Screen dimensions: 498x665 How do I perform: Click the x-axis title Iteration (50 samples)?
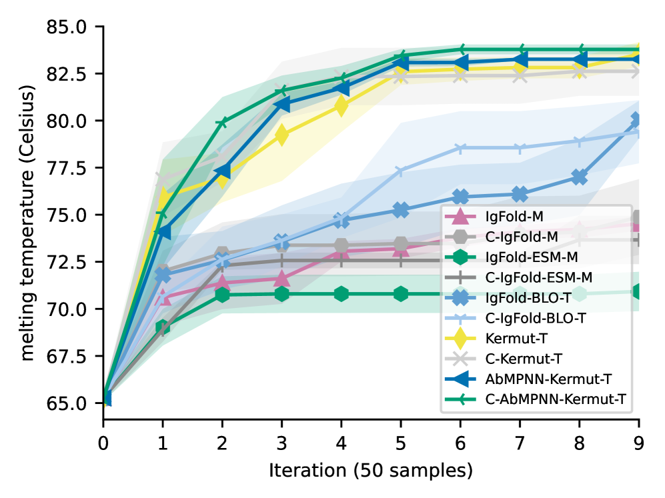click(x=371, y=471)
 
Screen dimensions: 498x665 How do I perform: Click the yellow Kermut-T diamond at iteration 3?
click(x=281, y=135)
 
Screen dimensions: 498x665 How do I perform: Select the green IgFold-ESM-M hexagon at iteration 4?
click(x=342, y=293)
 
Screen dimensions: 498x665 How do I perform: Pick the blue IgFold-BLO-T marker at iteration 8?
click(x=580, y=177)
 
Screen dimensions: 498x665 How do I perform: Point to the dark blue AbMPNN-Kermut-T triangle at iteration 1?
click(x=163, y=232)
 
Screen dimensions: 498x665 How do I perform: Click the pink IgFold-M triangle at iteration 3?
click(x=281, y=278)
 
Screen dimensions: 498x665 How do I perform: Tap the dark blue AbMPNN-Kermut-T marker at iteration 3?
click(x=281, y=104)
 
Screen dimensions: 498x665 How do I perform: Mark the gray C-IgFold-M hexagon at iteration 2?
click(x=222, y=254)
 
